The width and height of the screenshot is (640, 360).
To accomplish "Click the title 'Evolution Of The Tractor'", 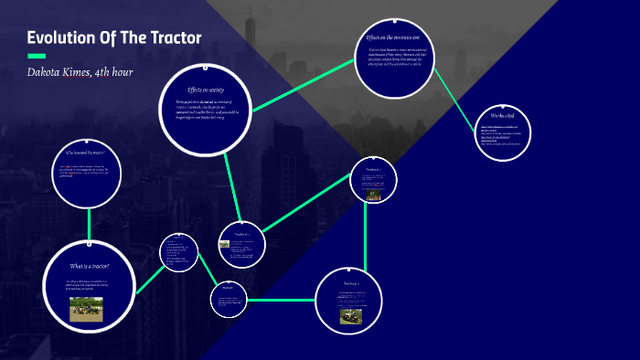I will pos(114,37).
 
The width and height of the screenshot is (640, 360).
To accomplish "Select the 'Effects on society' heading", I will pos(206,90).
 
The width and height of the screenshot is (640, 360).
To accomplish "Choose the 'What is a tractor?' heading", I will pos(90,265).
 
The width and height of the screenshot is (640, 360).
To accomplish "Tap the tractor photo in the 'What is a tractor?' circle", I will pos(90,308).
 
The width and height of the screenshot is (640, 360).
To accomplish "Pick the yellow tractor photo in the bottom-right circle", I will pos(351,315).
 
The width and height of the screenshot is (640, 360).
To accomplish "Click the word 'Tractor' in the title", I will pos(174,37).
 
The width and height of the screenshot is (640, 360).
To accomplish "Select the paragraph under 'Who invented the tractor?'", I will pos(89,169).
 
